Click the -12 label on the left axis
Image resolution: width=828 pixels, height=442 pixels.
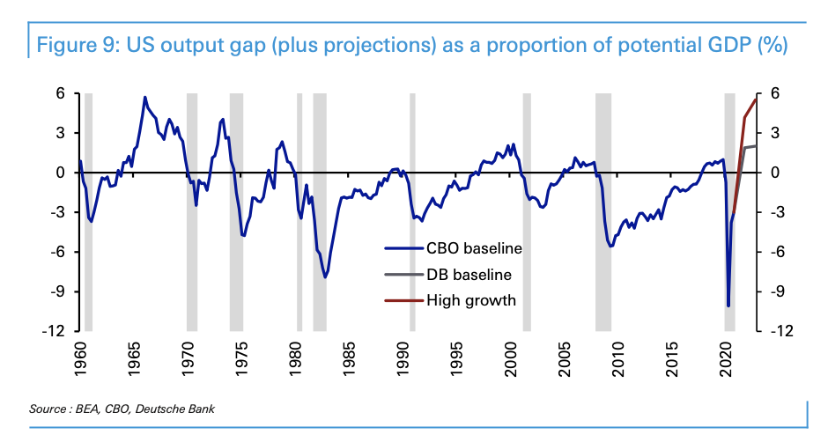point(60,331)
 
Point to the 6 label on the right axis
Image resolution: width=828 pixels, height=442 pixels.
point(774,93)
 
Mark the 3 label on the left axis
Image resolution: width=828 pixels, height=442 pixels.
point(64,133)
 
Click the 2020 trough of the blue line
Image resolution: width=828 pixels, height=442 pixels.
point(728,306)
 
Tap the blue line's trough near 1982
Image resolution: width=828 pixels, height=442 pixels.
point(325,277)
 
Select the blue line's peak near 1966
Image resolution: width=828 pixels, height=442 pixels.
point(145,97)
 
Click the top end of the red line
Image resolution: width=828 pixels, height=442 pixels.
point(756,99)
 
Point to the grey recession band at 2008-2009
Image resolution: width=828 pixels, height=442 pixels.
point(603,211)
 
